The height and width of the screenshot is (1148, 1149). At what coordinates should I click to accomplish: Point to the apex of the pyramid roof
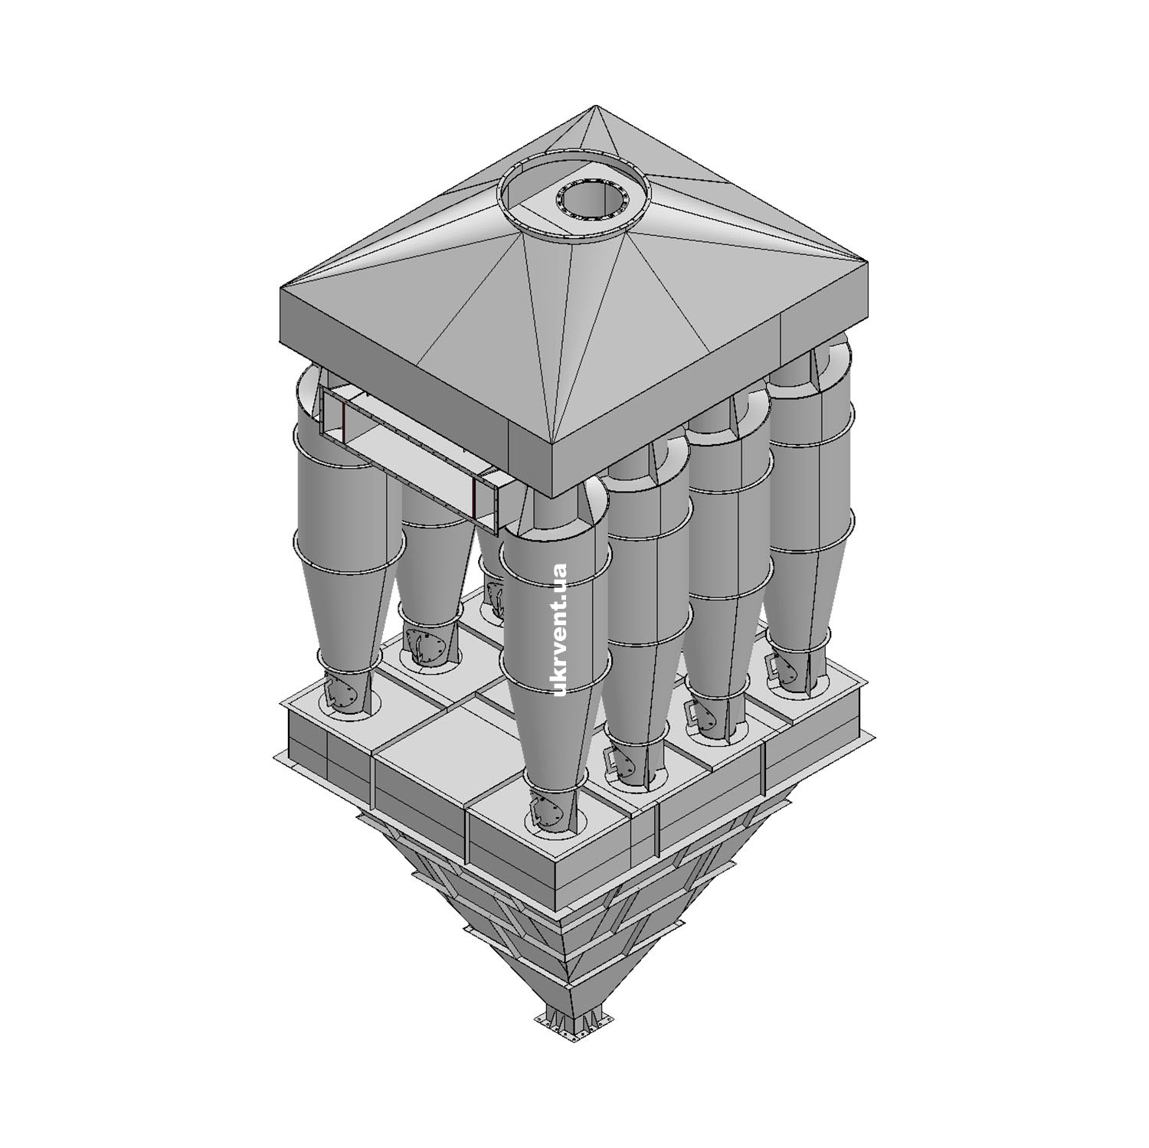click(591, 108)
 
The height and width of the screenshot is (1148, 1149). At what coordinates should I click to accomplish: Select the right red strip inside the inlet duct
click(475, 496)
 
